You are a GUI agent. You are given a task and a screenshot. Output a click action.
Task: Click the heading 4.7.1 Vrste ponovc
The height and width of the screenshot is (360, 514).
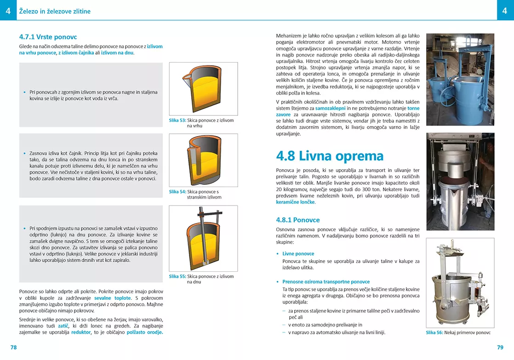pos(48,37)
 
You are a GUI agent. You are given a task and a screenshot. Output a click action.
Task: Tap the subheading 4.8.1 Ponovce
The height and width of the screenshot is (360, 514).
pos(297,220)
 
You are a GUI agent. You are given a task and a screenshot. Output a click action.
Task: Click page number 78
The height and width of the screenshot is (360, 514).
pos(13,347)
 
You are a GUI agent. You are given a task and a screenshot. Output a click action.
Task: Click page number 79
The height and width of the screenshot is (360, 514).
pos(500,347)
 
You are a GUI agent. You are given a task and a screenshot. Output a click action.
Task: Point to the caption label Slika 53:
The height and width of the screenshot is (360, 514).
pos(177,120)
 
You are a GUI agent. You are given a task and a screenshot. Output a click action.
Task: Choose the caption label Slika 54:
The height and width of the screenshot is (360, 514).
pos(177,192)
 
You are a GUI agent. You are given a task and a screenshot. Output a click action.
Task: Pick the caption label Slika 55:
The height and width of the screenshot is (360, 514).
pos(177,276)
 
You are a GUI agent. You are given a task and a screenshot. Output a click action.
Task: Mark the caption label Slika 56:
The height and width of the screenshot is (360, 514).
pos(434,332)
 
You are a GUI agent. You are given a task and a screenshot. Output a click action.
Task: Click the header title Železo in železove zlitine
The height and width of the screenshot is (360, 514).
pos(55,11)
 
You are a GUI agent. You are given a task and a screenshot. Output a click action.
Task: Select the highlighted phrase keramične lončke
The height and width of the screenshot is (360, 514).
pos(295,202)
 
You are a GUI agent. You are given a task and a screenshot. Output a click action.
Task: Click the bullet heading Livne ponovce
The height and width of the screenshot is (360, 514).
pos(298,253)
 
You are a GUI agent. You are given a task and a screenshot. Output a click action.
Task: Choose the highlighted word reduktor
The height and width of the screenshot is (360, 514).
pos(81,332)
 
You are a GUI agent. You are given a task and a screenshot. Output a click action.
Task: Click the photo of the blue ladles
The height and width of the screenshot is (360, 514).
pos(460,79)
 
